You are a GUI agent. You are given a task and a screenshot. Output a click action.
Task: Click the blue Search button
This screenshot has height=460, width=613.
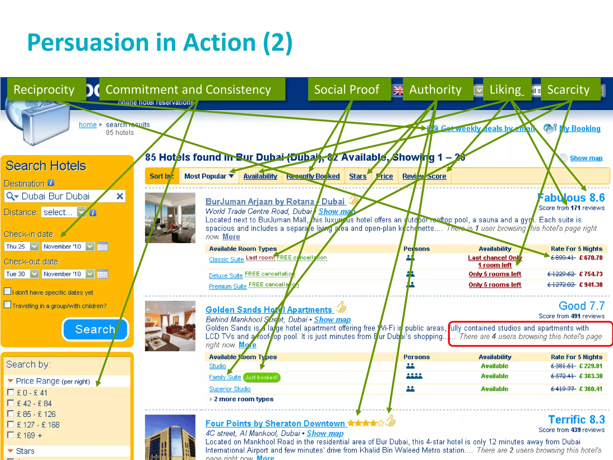click(95, 329)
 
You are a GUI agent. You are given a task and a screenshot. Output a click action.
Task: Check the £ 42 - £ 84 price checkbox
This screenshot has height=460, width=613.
click(10, 403)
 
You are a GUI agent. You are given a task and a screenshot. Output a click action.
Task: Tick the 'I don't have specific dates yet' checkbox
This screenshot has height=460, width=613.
click(7, 291)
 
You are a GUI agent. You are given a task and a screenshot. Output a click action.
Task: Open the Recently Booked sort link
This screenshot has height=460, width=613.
click(313, 176)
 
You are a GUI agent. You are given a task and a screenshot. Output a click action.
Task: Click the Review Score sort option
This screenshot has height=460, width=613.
click(424, 176)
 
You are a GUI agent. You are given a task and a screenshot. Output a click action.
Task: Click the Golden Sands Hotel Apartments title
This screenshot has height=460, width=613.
click(269, 310)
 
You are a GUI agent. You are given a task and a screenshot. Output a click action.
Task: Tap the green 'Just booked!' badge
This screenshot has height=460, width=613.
click(261, 377)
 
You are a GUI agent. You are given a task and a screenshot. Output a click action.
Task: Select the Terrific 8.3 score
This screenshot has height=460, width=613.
click(576, 420)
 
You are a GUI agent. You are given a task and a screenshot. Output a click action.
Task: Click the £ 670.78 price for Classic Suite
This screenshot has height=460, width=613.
click(591, 258)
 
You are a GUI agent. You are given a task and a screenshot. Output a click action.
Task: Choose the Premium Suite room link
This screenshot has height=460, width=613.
click(228, 286)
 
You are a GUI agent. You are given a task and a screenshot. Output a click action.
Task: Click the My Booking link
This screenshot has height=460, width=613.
click(580, 128)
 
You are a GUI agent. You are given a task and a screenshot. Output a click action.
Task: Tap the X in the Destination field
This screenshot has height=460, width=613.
click(120, 196)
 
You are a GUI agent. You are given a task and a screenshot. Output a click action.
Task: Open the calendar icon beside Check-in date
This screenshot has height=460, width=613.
click(102, 246)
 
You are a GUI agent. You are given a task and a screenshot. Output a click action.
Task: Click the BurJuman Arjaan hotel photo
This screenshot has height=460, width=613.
click(170, 218)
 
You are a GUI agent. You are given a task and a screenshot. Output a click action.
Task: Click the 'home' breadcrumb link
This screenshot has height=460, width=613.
click(88, 125)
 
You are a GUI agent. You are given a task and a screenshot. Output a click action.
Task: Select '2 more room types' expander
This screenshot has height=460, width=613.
click(243, 399)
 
